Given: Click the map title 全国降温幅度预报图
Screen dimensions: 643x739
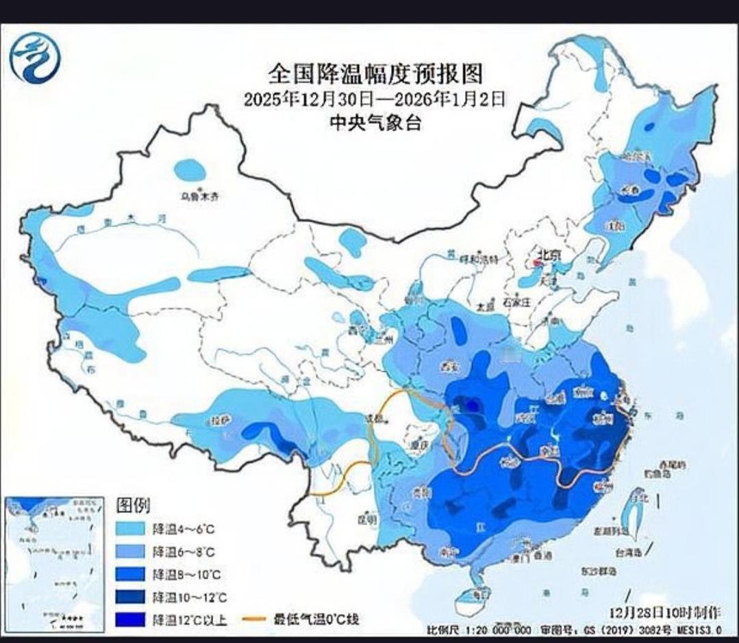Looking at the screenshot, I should pyautogui.click(x=375, y=73).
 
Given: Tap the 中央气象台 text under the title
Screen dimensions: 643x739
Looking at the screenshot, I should pyautogui.click(x=375, y=124).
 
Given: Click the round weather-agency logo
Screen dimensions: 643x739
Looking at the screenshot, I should pyautogui.click(x=35, y=58).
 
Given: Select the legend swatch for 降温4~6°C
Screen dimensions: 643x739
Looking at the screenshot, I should pyautogui.click(x=129, y=529).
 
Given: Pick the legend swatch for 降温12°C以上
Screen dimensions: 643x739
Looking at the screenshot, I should pyautogui.click(x=129, y=620).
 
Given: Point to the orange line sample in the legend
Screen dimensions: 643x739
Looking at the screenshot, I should pyautogui.click(x=255, y=620).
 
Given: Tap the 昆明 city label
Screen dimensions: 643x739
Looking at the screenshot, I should pyautogui.click(x=368, y=519).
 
